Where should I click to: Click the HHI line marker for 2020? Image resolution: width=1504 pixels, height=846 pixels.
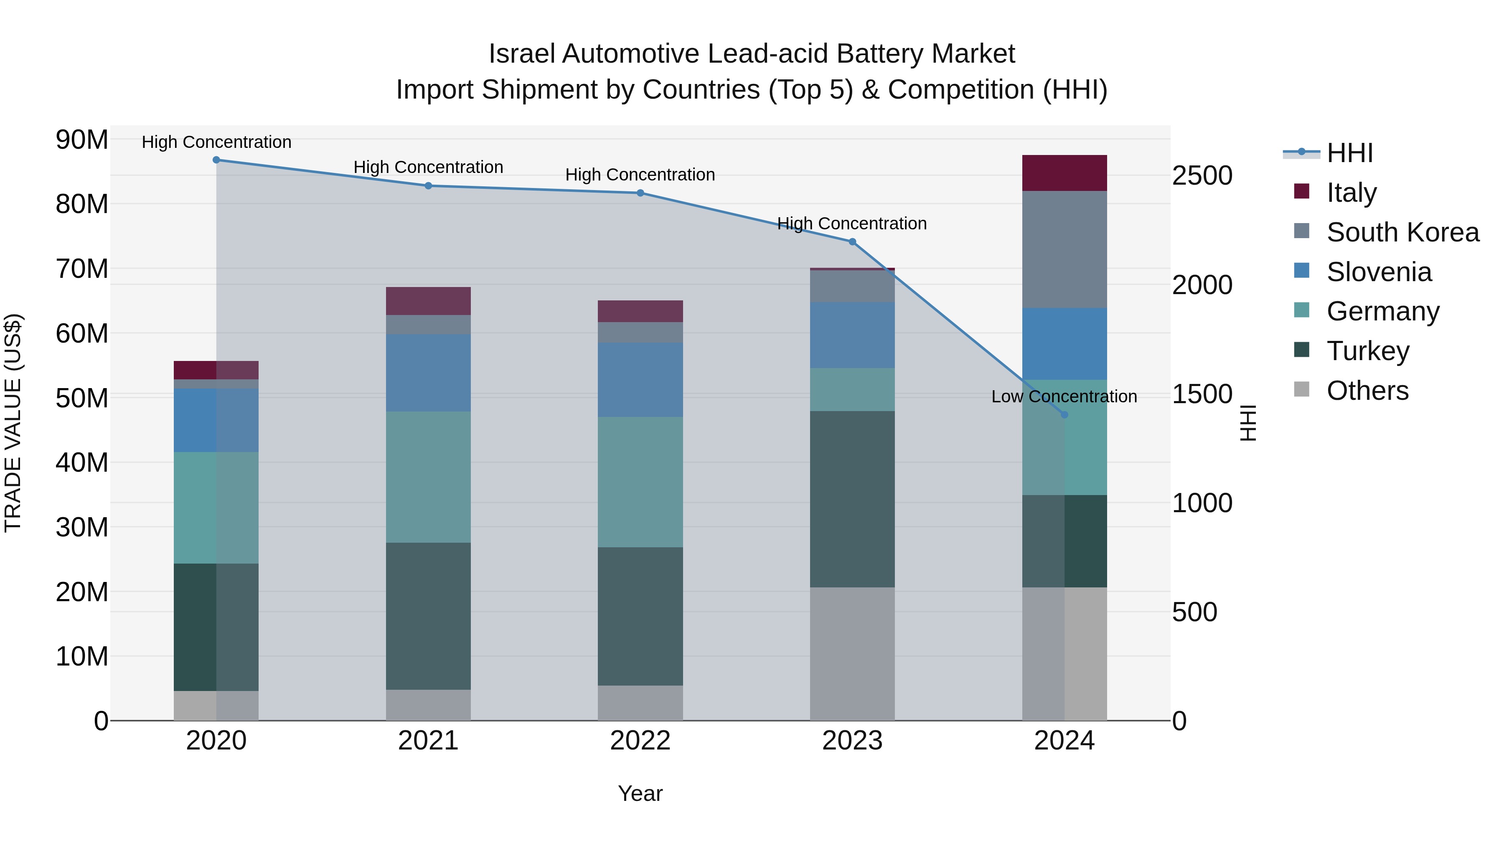point(216,160)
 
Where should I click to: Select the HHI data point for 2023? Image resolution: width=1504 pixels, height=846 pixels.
point(852,242)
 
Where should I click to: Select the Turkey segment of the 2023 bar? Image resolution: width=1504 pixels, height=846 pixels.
point(852,499)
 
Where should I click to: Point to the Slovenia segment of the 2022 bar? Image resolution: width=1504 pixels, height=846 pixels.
point(640,379)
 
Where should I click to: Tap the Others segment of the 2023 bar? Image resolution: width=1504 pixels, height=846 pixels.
point(852,654)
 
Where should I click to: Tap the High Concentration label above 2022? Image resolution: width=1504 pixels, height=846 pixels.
point(640,175)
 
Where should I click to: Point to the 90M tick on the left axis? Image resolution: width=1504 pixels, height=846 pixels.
point(82,140)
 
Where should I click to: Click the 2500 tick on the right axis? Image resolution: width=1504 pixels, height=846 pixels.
point(1202,176)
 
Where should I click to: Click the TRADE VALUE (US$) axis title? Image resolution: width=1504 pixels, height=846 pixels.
point(13,423)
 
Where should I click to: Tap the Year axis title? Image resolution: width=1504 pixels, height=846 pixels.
point(640,793)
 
